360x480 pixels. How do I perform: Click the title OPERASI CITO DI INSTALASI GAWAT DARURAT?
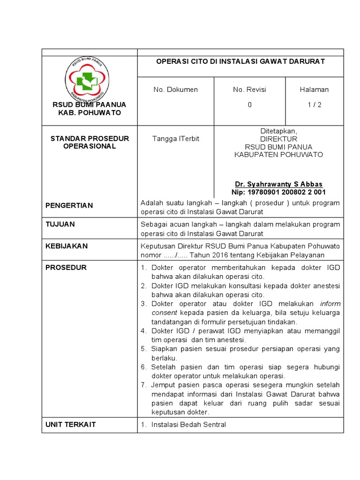(x=240, y=61)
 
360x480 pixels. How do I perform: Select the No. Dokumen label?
(x=175, y=90)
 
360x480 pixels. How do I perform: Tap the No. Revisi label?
(x=249, y=90)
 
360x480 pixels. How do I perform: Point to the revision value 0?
(x=249, y=105)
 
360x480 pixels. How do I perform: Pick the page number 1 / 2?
(x=314, y=105)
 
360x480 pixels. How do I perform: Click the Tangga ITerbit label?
(x=175, y=139)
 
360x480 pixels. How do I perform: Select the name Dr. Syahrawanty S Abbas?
(x=278, y=184)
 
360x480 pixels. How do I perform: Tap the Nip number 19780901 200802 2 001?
(x=278, y=192)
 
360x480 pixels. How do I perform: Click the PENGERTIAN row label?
(x=69, y=205)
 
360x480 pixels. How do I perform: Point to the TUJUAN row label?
(x=60, y=225)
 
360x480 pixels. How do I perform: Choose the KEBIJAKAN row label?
(x=66, y=246)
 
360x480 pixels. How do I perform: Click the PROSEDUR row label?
(x=66, y=268)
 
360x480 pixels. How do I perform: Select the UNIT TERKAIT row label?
(x=70, y=424)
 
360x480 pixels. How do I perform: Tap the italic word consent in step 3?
(x=164, y=313)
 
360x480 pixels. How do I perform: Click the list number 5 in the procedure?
(x=144, y=349)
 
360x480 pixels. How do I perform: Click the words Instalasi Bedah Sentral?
(x=188, y=425)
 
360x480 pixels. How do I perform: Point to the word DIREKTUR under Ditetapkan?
(x=278, y=139)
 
